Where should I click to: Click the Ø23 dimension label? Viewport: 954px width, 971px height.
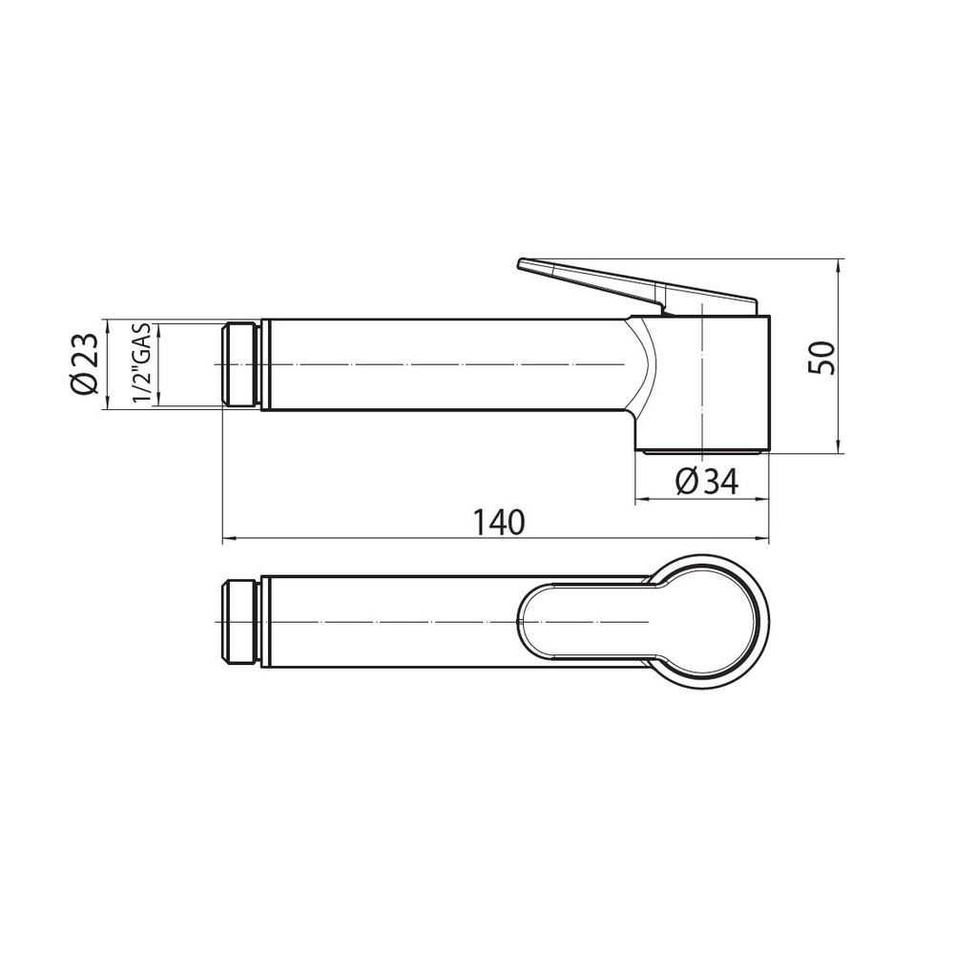point(84,363)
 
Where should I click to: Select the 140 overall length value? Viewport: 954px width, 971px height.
point(499,522)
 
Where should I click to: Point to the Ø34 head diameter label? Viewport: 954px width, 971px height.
point(707,481)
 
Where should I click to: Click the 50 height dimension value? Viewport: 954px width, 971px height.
point(822,358)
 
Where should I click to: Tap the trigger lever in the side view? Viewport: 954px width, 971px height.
point(637,285)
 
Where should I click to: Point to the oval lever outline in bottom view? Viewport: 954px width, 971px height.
point(519,622)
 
